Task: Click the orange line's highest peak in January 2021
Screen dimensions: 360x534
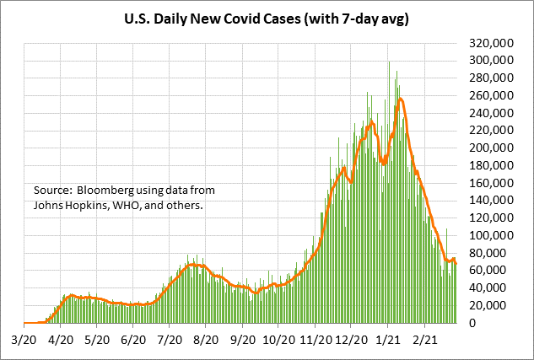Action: point(400,99)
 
